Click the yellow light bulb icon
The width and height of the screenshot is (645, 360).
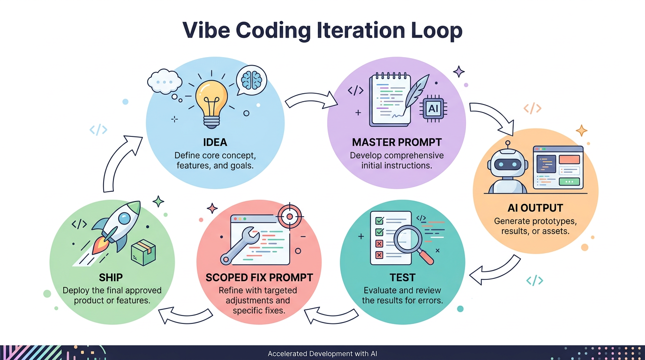point(211,100)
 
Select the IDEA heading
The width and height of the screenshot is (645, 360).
point(215,142)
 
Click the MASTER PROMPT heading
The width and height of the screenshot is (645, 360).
point(397,142)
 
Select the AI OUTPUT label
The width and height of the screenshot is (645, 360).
point(535,208)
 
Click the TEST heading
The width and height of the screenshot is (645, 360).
point(402,277)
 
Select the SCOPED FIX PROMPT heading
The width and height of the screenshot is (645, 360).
point(259,277)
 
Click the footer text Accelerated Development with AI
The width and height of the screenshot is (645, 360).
point(322,353)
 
